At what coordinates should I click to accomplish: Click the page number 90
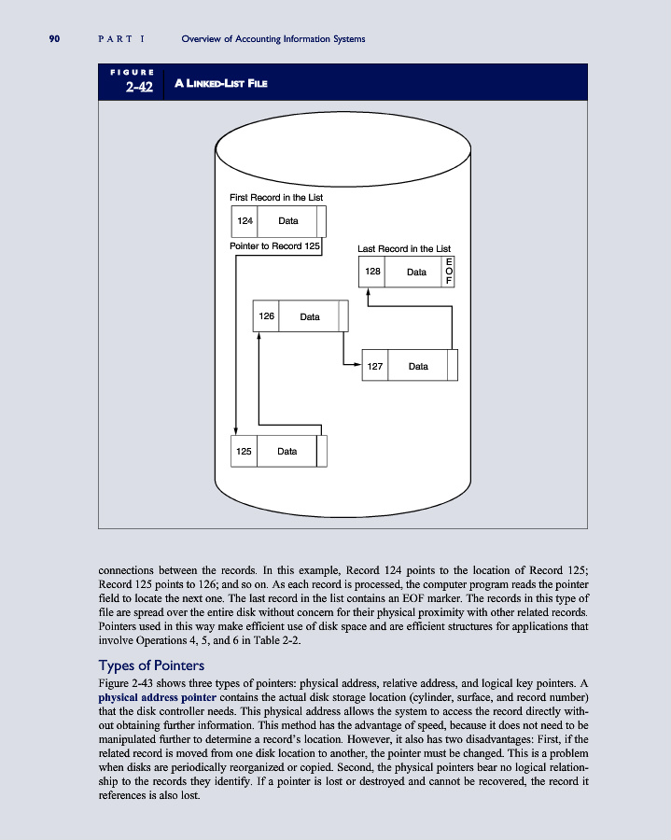[x=55, y=38]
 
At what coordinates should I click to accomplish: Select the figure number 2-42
[x=139, y=88]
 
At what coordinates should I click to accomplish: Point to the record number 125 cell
[x=243, y=451]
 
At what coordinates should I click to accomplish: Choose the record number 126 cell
[x=266, y=316]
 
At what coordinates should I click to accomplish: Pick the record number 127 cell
[x=374, y=366]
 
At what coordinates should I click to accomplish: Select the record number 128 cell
[x=372, y=272]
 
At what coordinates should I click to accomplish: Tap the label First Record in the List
[x=276, y=198]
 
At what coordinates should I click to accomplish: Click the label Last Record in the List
[x=404, y=249]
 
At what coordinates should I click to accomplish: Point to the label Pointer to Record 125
[x=274, y=246]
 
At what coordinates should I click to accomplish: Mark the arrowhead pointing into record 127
[x=357, y=366]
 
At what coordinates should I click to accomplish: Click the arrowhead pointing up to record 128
[x=369, y=292]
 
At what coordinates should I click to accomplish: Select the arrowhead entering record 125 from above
[x=236, y=430]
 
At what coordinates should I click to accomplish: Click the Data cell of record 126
[x=309, y=316]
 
